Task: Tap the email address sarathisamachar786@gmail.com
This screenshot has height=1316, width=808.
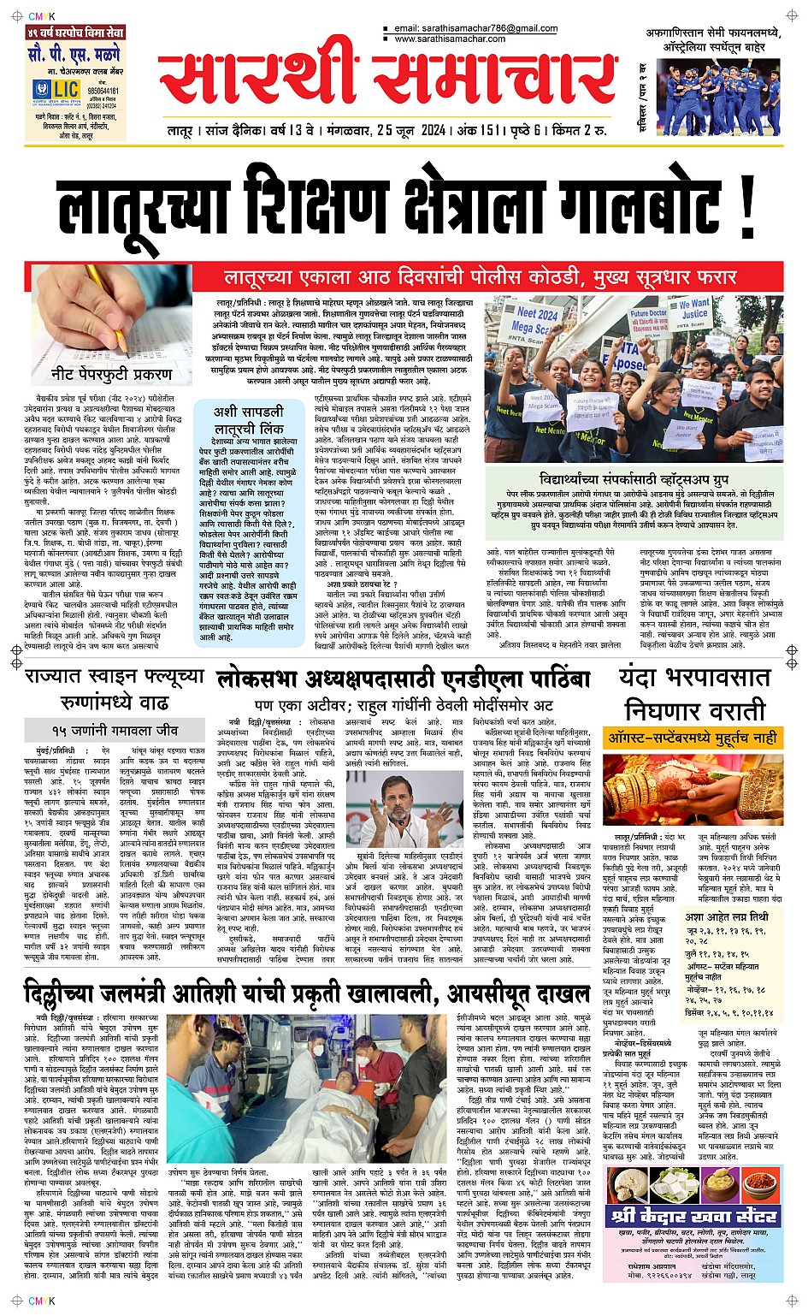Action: (475, 28)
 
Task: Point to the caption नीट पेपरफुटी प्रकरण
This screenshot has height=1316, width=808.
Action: (111, 374)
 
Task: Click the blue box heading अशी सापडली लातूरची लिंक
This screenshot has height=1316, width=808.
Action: (249, 420)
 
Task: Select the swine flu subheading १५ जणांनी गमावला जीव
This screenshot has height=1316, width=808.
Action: (115, 730)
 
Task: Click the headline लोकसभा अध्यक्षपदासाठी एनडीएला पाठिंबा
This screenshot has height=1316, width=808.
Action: (404, 679)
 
